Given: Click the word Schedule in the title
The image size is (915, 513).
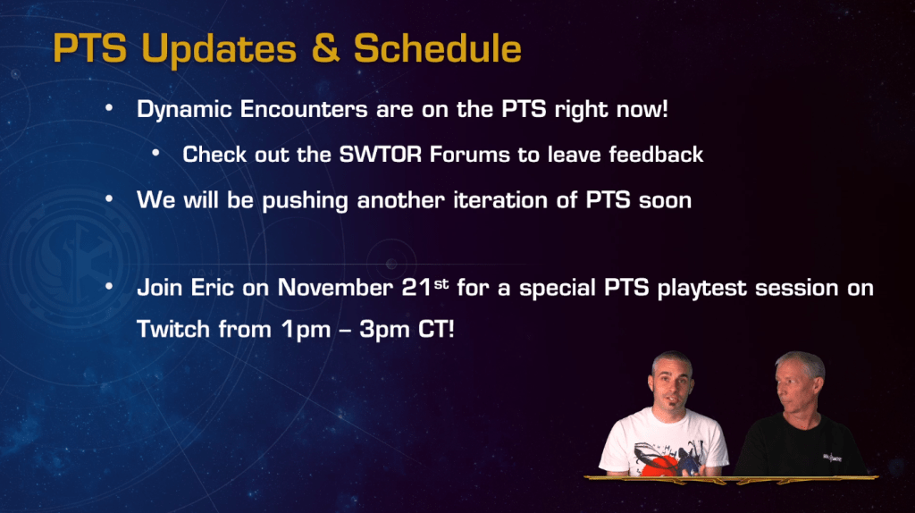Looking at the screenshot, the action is pos(437,48).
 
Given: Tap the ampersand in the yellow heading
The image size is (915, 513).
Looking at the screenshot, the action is pos(325,48).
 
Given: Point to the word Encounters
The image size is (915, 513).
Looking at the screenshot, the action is pos(304,109).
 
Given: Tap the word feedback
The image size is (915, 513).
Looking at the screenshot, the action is pos(656,154).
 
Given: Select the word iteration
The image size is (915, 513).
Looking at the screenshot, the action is pos(500,200).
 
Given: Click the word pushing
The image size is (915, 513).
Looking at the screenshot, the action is pos(305,201).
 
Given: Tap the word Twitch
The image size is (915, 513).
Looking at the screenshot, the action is pos(173,329).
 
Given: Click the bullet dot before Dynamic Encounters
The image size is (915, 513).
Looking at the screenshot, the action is pos(109,108).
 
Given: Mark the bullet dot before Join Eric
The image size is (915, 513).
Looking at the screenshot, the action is pos(109,287).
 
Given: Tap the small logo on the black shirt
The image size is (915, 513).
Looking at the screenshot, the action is pos(832,457).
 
